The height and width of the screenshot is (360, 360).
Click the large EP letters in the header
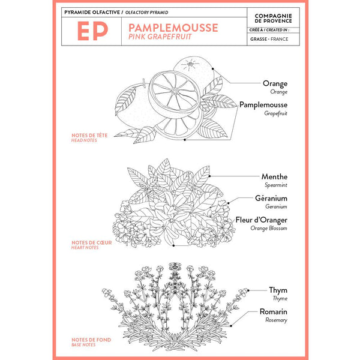[92, 31]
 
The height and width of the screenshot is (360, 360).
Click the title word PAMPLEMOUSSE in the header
[173, 28]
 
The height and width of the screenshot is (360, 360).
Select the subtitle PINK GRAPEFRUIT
[160, 37]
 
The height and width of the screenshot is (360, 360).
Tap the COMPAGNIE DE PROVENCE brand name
[273, 19]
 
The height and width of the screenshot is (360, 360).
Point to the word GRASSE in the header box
[259, 39]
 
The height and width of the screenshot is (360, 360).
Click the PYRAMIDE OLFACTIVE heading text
[92, 13]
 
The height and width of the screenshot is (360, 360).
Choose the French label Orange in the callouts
[275, 83]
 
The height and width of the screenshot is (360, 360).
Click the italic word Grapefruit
[275, 113]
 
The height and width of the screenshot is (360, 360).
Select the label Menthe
[274, 176]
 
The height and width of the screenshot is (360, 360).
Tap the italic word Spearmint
[276, 185]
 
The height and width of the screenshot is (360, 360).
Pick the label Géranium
[271, 198]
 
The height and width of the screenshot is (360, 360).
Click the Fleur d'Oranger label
[261, 220]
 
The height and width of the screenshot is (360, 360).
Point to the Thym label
[278, 290]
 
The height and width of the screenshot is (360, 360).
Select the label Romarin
[274, 311]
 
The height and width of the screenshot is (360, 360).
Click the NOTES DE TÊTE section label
[89, 136]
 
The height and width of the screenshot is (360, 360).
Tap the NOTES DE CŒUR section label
[92, 242]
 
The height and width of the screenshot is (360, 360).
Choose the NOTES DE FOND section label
[91, 340]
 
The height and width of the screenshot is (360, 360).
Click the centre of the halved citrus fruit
[175, 92]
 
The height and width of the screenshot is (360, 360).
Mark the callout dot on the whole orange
[213, 68]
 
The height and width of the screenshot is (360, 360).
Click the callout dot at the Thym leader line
[248, 290]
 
